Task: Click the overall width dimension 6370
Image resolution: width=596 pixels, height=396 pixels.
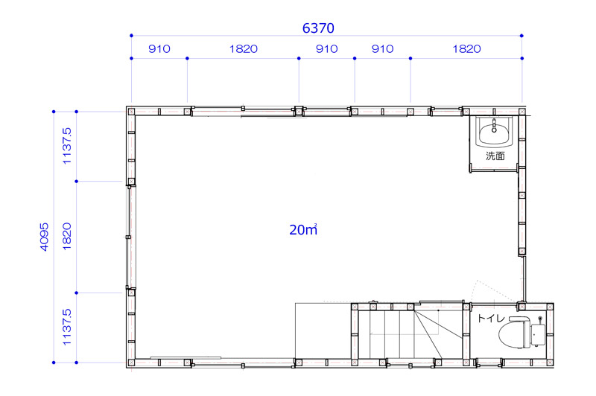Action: pyautogui.click(x=318, y=28)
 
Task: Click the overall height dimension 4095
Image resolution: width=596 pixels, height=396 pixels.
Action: pyautogui.click(x=44, y=237)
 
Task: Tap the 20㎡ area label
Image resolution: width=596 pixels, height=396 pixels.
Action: pyautogui.click(x=303, y=230)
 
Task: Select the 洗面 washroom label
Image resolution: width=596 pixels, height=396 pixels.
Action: pyautogui.click(x=495, y=156)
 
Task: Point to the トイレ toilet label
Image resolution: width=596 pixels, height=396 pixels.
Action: pyautogui.click(x=491, y=318)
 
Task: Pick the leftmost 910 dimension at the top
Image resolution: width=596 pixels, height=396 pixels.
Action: pyautogui.click(x=159, y=49)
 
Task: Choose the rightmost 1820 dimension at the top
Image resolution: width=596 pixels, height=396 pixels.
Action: pyautogui.click(x=466, y=49)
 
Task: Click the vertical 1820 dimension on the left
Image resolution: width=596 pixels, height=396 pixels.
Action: pyautogui.click(x=66, y=236)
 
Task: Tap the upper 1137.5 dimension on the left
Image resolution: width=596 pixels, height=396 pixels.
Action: pyautogui.click(x=66, y=146)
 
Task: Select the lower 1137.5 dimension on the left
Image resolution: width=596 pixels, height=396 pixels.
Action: pyautogui.click(x=66, y=327)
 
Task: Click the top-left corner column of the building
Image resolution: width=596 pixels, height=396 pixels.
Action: pyautogui.click(x=131, y=112)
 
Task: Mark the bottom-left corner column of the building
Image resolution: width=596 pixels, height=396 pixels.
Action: pyautogui.click(x=131, y=363)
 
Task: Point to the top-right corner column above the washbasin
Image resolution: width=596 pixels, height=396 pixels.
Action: pyautogui.click(x=522, y=112)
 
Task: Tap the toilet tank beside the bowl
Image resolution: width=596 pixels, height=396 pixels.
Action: pyautogui.click(x=538, y=335)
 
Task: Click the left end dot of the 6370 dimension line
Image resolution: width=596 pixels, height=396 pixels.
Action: pyautogui.click(x=132, y=36)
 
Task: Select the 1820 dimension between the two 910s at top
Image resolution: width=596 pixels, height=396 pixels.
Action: pyautogui.click(x=244, y=49)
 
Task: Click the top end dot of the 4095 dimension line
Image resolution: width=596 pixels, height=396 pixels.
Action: pyautogui.click(x=54, y=112)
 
